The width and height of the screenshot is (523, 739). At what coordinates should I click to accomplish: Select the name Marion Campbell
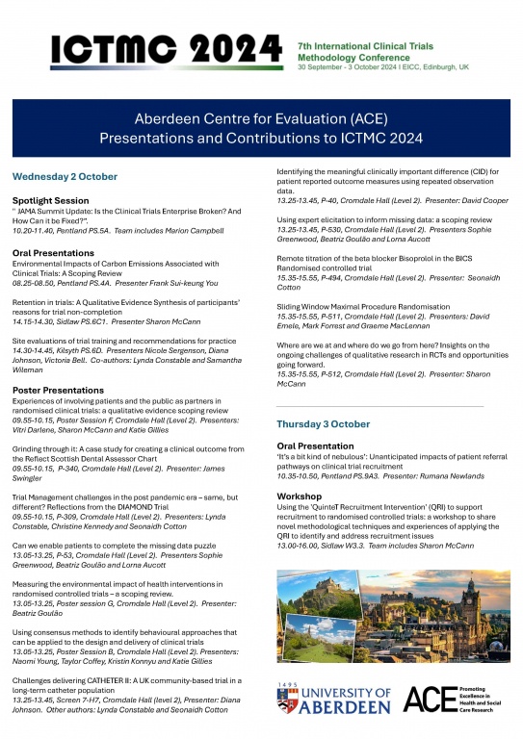tap(198, 231)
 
